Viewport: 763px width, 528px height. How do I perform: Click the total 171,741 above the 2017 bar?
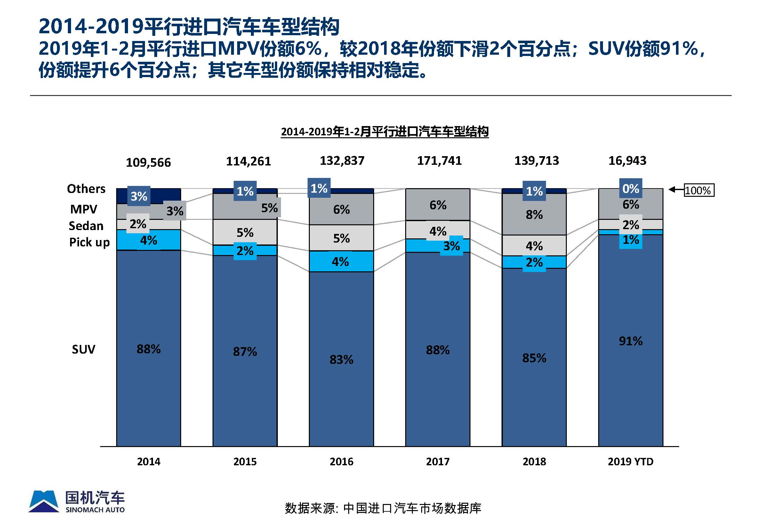pyautogui.click(x=439, y=161)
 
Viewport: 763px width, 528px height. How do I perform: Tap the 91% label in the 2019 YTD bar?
pyautogui.click(x=630, y=341)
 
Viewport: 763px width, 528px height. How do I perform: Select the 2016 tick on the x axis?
pyautogui.click(x=341, y=461)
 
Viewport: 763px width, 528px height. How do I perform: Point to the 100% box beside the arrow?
pyautogui.click(x=699, y=190)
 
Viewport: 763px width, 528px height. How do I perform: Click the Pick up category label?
pyautogui.click(x=89, y=242)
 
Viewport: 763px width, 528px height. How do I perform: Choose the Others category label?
pyautogui.click(x=86, y=188)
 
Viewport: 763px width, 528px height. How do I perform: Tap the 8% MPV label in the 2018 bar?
pyautogui.click(x=534, y=215)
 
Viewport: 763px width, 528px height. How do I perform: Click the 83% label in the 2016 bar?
pyautogui.click(x=341, y=359)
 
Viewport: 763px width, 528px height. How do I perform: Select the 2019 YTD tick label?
pyautogui.click(x=630, y=461)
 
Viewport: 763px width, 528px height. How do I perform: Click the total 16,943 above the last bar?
pyautogui.click(x=627, y=161)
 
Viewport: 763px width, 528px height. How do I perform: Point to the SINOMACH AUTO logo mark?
pyautogui.click(x=44, y=501)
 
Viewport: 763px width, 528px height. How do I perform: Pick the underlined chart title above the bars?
pyautogui.click(x=384, y=132)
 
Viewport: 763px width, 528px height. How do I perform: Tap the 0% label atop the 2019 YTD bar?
pyautogui.click(x=630, y=188)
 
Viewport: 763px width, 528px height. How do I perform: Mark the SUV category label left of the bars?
pyautogui.click(x=84, y=349)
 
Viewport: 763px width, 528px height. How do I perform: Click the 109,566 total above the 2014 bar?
pyautogui.click(x=148, y=163)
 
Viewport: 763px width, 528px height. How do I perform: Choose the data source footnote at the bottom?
pyautogui.click(x=383, y=508)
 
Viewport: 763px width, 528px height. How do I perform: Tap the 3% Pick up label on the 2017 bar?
pyautogui.click(x=451, y=246)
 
